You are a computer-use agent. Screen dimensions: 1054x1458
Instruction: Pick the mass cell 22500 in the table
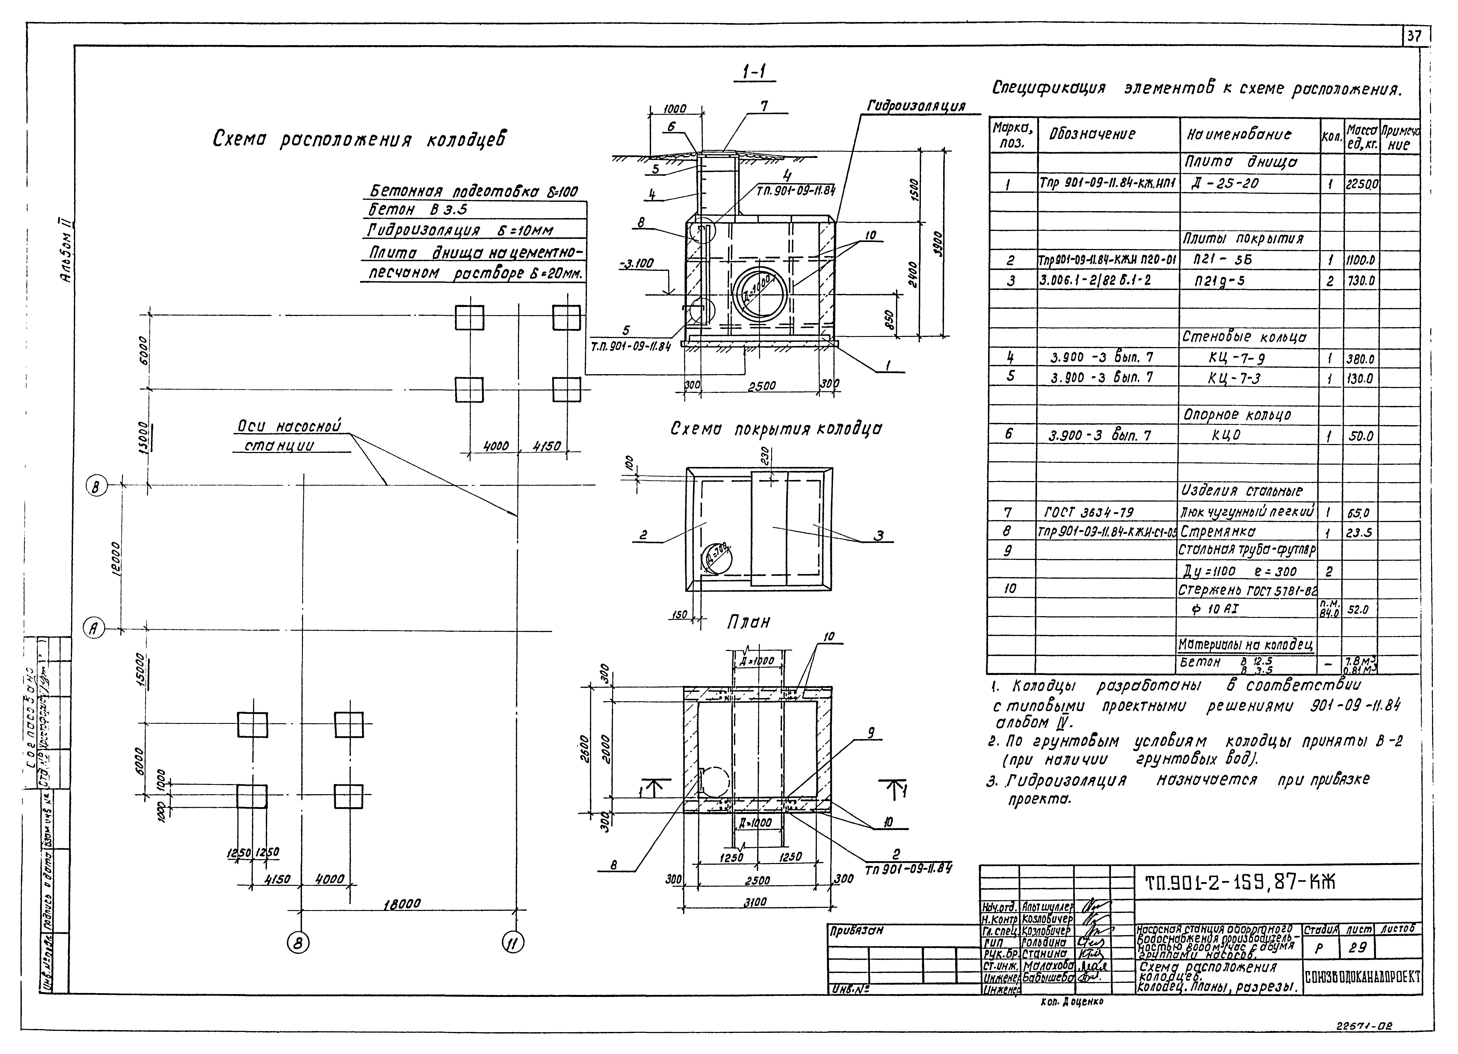click(x=1362, y=184)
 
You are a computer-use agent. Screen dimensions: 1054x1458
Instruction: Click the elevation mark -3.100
click(x=637, y=264)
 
